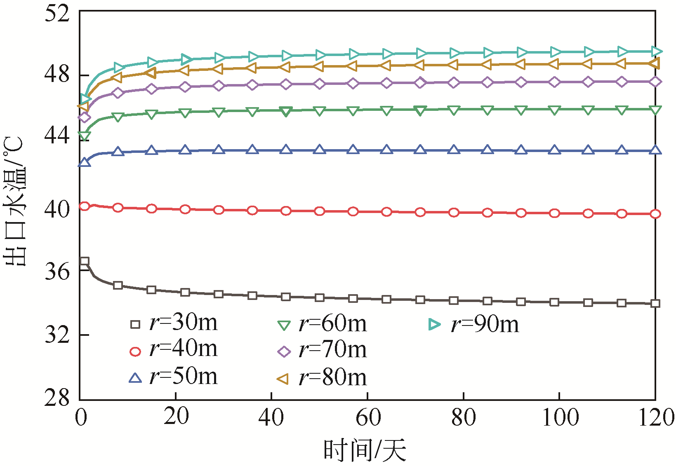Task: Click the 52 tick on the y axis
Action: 57,14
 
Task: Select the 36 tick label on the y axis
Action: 57,271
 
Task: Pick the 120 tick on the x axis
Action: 656,417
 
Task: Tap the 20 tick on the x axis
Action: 176,417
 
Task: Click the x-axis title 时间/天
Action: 365,450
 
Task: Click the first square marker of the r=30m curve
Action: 85,261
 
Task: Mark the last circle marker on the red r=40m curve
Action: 655,214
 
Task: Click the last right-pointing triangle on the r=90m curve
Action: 656,52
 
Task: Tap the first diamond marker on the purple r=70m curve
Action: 85,117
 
